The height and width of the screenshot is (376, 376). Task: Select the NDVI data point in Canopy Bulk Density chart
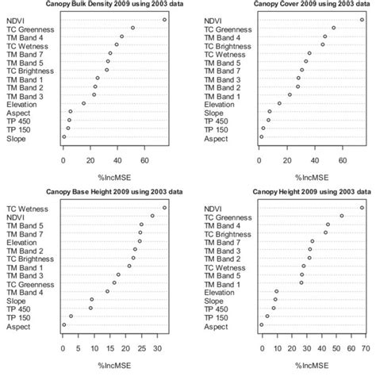pyautogui.click(x=164, y=19)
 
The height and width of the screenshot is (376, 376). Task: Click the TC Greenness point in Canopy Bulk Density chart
pyautogui.click(x=132, y=28)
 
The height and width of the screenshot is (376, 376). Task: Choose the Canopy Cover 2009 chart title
pyautogui.click(x=304, y=4)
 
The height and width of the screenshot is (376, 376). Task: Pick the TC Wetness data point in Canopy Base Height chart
pyautogui.click(x=164, y=208)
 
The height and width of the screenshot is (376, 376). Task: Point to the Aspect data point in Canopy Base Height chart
pyautogui.click(x=64, y=324)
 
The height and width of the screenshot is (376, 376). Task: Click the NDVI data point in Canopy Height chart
pyautogui.click(x=363, y=208)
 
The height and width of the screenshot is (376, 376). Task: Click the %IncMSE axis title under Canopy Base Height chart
pyautogui.click(x=114, y=364)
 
